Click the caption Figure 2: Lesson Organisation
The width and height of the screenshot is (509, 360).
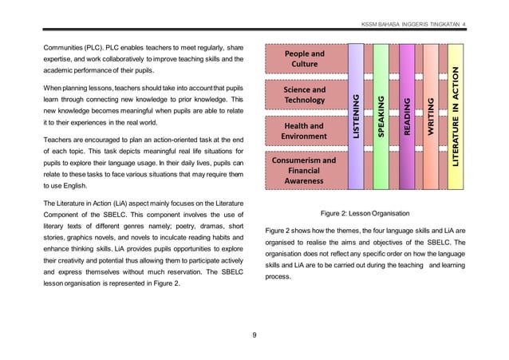coord(364,215)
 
